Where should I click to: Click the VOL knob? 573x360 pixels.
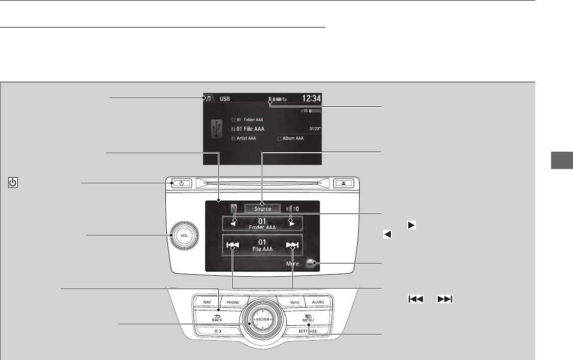coord(185,235)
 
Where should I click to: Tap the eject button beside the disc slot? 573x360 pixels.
coord(340,183)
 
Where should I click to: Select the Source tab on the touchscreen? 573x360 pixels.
coord(263,209)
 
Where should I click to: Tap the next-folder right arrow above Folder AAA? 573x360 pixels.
coord(291,222)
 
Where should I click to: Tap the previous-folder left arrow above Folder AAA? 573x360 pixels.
coord(234,222)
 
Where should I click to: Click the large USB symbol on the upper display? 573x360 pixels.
coord(217,130)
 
